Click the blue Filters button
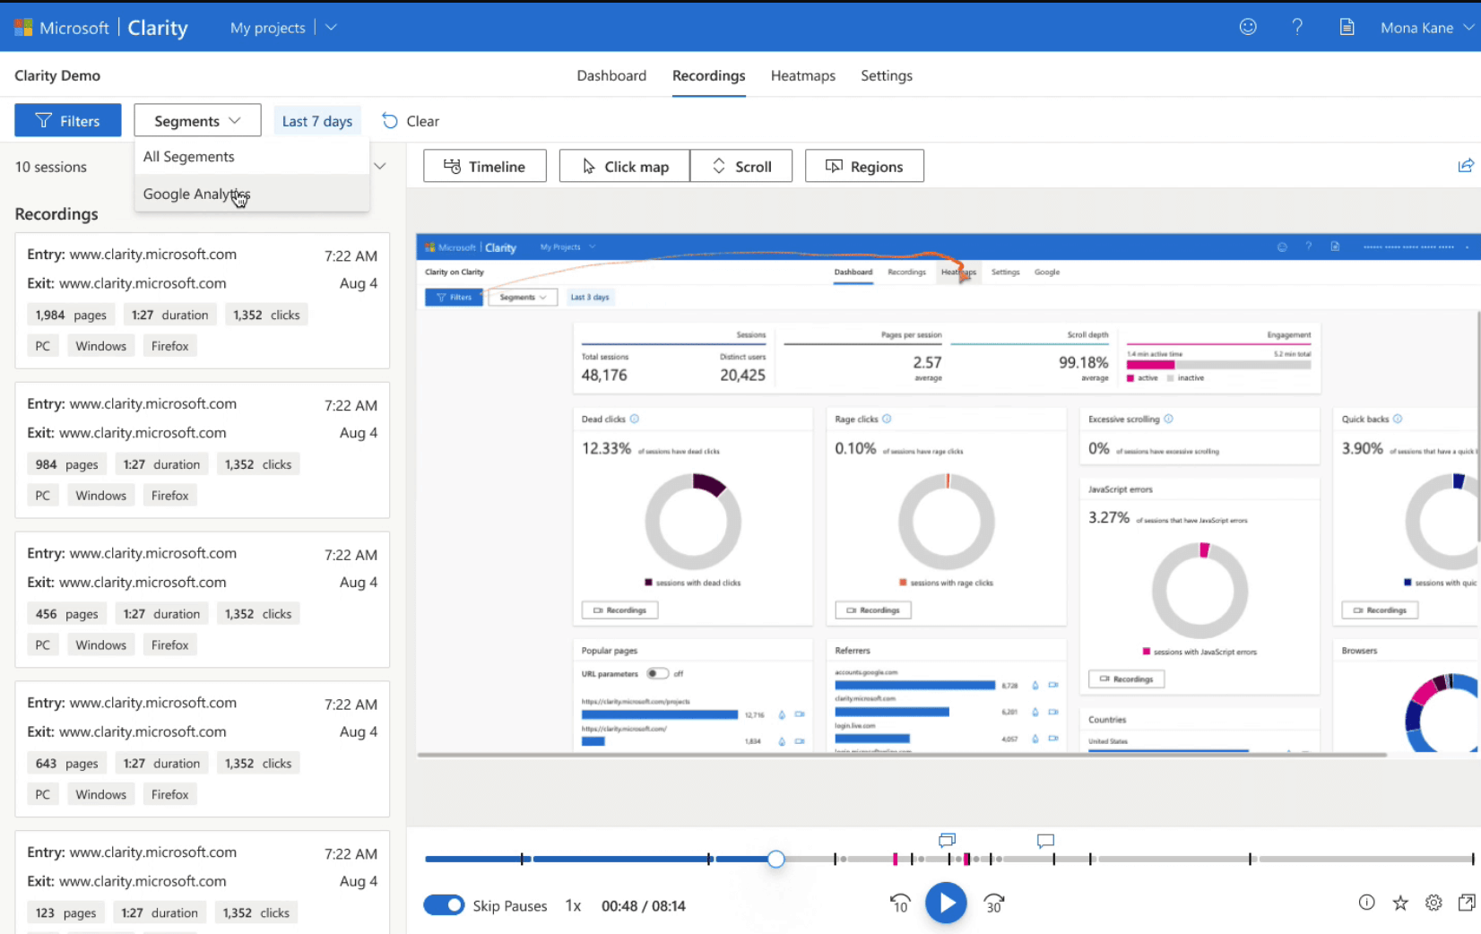point(68,121)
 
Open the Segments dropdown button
point(197,121)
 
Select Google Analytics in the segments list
point(196,194)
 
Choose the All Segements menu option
point(189,157)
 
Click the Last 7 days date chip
point(316,121)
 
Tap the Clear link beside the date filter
point(411,121)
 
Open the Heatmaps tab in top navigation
point(802,76)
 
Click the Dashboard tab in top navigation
point(611,76)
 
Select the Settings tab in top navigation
point(886,76)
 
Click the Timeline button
point(485,167)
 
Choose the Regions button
point(864,167)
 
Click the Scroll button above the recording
point(741,167)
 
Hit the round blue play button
point(946,903)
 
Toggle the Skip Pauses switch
point(444,905)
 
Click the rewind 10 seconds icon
point(900,904)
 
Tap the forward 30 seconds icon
point(993,904)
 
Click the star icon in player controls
point(1400,903)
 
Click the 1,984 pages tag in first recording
point(71,315)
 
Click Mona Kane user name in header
point(1416,28)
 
